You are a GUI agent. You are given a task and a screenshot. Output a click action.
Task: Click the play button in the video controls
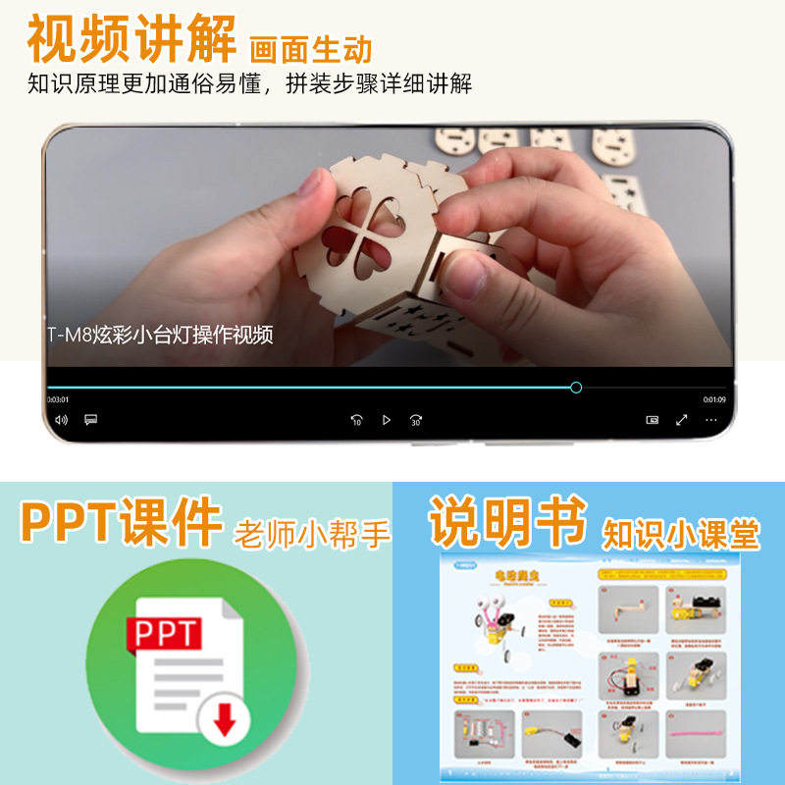point(387,420)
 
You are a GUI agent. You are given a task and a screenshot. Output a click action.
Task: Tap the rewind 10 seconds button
point(357,420)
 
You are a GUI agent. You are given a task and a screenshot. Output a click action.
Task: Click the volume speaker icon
point(61,420)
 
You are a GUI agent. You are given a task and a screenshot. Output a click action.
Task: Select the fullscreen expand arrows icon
point(682,420)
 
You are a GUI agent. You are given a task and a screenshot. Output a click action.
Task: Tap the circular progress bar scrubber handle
point(576,388)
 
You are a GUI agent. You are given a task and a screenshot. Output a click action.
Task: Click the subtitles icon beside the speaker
point(90,420)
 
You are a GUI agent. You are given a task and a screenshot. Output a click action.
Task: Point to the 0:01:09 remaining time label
point(713,400)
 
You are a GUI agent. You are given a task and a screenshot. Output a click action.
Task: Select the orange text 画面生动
point(311,48)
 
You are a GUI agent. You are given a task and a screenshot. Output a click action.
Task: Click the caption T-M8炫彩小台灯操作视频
point(160,335)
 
